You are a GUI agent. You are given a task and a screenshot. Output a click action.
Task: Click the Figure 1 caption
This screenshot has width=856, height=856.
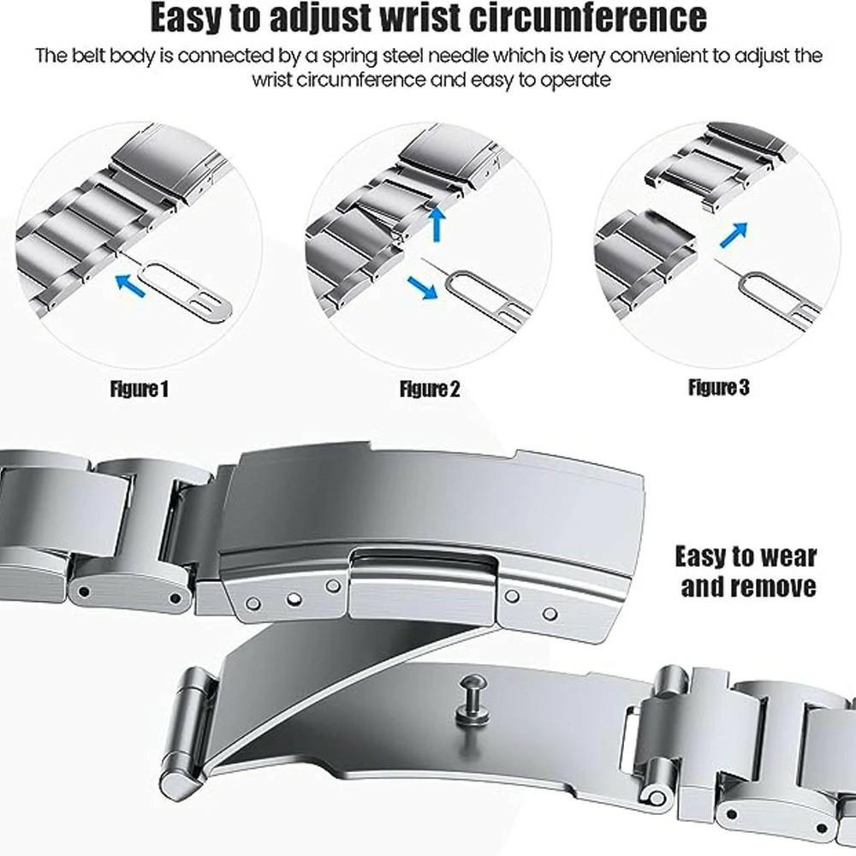coord(140,390)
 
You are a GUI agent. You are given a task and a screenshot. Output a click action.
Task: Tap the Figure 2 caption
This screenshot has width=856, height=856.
coord(430,390)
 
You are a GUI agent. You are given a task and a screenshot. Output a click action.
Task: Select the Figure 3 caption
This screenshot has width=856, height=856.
coord(718,388)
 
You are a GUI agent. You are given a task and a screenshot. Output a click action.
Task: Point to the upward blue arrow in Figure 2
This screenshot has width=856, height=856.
coord(437,224)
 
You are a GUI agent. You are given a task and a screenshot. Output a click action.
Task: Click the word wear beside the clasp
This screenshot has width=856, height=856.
coord(782,556)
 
